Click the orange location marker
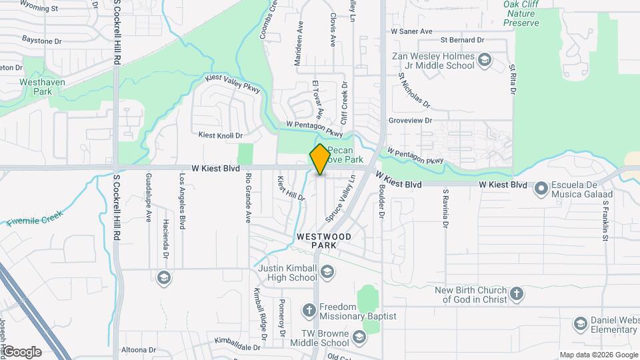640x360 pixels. click(320, 159)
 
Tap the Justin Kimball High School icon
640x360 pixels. click(327, 271)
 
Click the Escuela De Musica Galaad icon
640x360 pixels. click(541, 189)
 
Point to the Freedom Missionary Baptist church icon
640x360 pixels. click(309, 310)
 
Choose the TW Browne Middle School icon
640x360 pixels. click(359, 337)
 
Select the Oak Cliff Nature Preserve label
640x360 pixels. click(521, 13)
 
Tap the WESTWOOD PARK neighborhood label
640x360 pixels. click(323, 241)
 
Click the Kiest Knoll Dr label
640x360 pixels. click(221, 135)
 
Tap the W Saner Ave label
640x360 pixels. click(411, 31)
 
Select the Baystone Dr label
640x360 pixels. click(41, 41)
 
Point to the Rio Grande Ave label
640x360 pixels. click(247, 197)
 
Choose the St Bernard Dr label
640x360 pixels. click(461, 41)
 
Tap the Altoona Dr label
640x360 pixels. click(139, 349)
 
